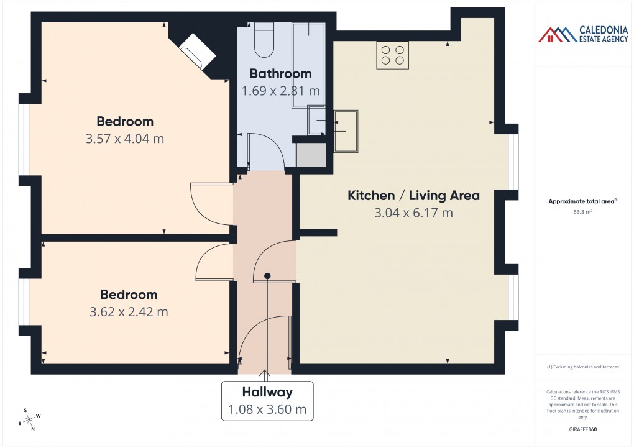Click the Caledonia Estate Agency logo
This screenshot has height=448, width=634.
click(x=583, y=34)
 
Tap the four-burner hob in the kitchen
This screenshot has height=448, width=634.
click(x=392, y=55)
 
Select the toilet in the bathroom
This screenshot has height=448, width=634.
click(x=264, y=39)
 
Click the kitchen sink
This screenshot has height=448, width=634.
click(x=346, y=131)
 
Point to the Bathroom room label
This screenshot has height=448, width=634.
click(x=280, y=74)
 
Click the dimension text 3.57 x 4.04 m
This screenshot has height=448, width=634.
click(x=124, y=139)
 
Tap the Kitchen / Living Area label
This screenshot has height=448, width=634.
click(x=413, y=196)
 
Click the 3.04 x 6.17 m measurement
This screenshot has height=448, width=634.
click(x=413, y=213)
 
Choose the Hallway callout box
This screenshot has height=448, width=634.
click(x=267, y=401)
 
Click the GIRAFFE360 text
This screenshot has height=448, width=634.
click(x=582, y=429)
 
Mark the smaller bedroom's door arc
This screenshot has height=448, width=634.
click(x=213, y=263)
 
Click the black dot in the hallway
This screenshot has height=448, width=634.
click(x=267, y=276)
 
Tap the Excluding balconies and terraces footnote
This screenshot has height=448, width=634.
click(x=582, y=367)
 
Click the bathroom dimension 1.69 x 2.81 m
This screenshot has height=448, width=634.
click(x=280, y=91)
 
